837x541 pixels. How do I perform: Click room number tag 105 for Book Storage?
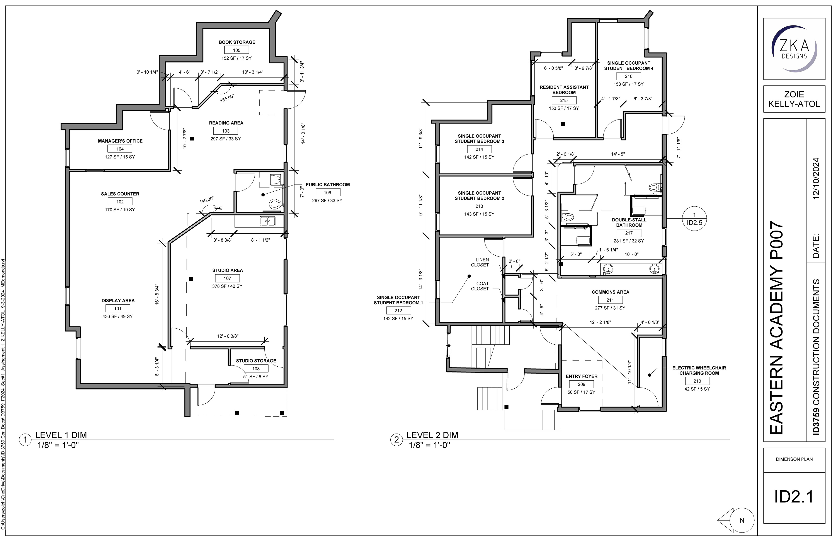point(237,50)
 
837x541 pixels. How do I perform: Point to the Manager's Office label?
point(120,141)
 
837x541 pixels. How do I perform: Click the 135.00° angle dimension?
point(227,98)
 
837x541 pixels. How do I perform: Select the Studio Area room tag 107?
point(228,278)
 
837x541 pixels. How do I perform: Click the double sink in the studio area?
point(268,221)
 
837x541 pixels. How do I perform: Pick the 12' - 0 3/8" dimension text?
point(228,336)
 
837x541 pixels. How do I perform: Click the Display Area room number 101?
point(118,308)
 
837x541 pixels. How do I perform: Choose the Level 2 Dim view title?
point(433,435)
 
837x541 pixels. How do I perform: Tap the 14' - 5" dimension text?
point(618,154)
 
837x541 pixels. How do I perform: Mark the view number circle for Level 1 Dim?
point(25,440)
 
